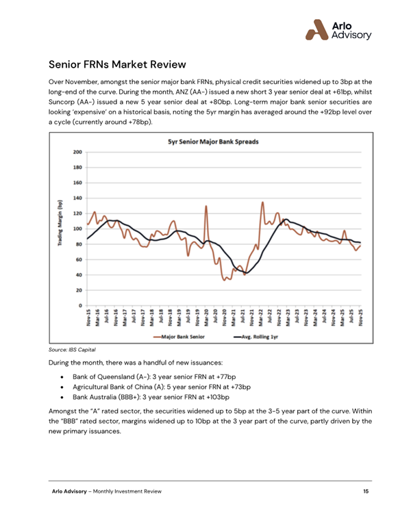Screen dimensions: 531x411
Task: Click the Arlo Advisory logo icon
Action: pyautogui.click(x=316, y=28)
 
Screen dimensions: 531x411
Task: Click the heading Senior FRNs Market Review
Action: pyautogui.click(x=117, y=65)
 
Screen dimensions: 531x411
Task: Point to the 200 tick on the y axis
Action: pyautogui.click(x=77, y=152)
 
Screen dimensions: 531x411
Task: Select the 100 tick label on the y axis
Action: pyautogui.click(x=77, y=229)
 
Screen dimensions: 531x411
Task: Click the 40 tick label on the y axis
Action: pyautogui.click(x=79, y=274)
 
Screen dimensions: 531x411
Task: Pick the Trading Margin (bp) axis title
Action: pyautogui.click(x=60, y=228)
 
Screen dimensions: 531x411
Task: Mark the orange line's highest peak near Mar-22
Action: pyautogui.click(x=263, y=203)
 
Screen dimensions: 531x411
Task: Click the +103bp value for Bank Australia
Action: pyautogui.click(x=215, y=396)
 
